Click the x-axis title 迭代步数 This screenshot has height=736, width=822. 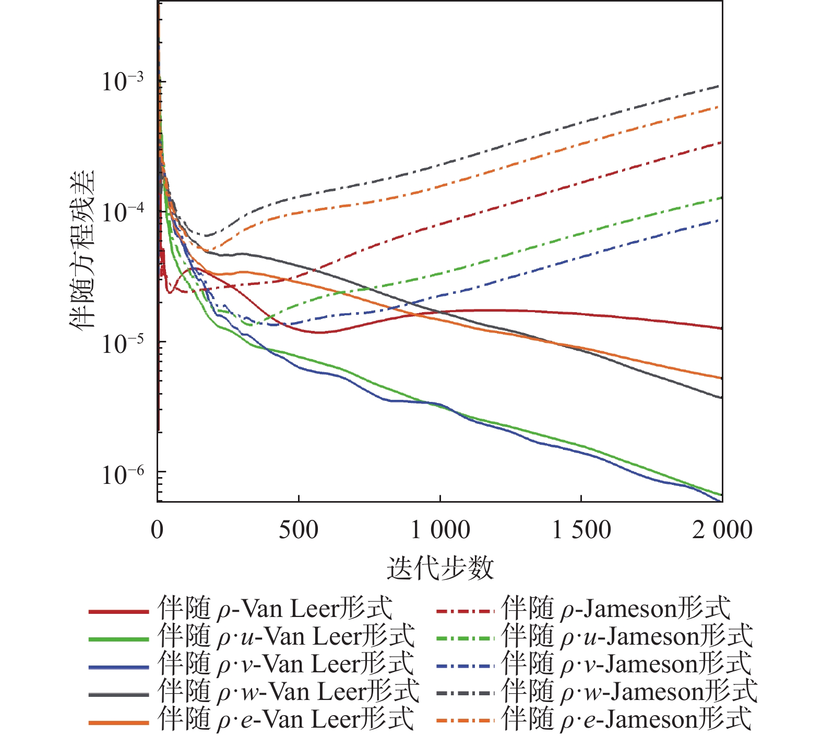click(x=440, y=567)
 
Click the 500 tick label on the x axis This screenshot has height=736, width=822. click(x=299, y=530)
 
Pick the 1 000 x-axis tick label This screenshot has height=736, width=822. click(x=440, y=530)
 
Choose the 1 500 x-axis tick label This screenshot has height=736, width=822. click(x=581, y=530)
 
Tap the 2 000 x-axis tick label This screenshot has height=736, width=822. click(x=722, y=530)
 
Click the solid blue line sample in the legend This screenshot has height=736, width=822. click(x=119, y=667)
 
